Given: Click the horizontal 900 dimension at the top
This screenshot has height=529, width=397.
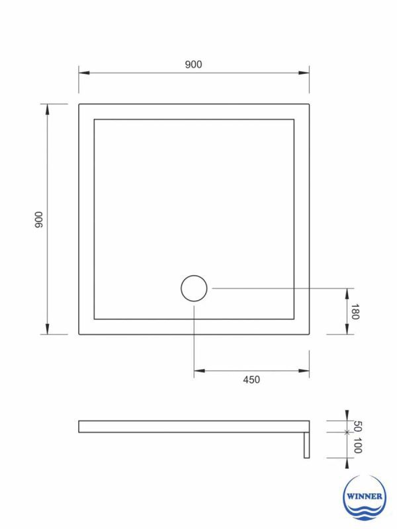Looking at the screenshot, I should coord(193,65).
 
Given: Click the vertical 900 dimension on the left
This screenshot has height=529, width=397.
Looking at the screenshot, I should coord(39,220).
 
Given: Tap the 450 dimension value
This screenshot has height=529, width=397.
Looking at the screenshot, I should coord(251,380).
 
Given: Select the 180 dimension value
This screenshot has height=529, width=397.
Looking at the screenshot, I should coord(355,312).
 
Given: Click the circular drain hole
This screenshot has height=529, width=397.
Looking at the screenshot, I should coord(194,289).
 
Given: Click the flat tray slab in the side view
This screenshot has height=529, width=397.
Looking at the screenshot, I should coord(192,427).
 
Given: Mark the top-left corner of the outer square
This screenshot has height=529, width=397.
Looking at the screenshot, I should coord(79,104).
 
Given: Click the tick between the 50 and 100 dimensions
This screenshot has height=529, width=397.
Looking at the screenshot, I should coord(346,432).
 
